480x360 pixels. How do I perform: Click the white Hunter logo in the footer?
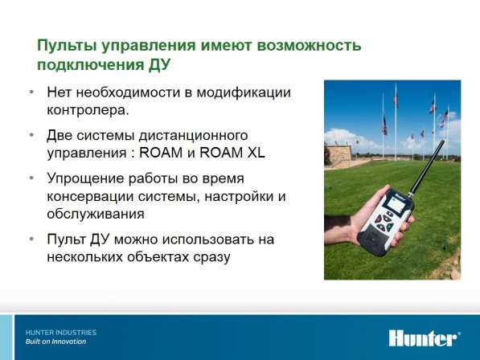425,338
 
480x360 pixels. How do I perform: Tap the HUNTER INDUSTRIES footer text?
61,333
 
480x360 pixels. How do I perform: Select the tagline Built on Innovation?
55,342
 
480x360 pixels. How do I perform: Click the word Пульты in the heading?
67,45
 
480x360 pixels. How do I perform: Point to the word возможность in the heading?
309,45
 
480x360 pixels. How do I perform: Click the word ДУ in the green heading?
159,65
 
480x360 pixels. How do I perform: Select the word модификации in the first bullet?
244,92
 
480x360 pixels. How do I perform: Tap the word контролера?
88,110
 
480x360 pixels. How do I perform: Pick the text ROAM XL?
232,153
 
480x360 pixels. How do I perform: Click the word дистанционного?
193,136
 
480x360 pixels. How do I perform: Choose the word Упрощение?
86,178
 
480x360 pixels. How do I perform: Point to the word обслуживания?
96,214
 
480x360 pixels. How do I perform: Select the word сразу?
211,257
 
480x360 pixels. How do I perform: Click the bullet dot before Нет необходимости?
31,92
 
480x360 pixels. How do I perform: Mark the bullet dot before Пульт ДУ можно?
31,239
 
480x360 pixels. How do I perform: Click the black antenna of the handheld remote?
426,168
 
